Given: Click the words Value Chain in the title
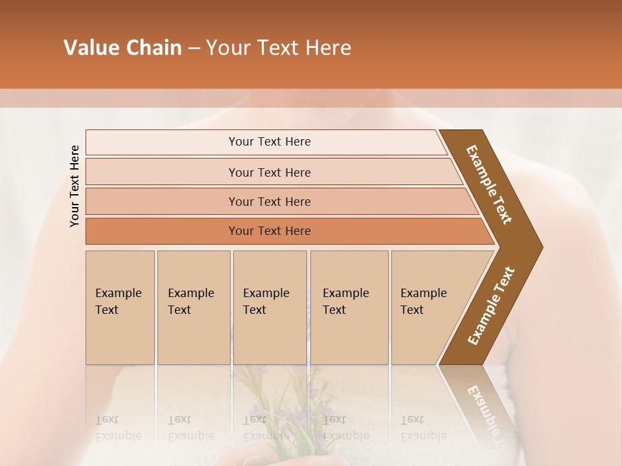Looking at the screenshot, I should click(122, 48).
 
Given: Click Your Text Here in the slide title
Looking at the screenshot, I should click(279, 48).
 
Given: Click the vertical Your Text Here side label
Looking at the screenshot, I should click(75, 186).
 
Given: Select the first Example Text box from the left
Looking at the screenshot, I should click(120, 307).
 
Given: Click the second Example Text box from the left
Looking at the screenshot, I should click(193, 307).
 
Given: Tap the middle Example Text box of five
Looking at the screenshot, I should click(270, 307).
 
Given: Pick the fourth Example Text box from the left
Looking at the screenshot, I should click(349, 307).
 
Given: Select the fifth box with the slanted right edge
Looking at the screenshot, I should click(428, 307).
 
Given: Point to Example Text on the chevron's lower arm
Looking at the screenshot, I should click(490, 306).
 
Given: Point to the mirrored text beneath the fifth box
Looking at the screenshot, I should click(423, 428).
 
